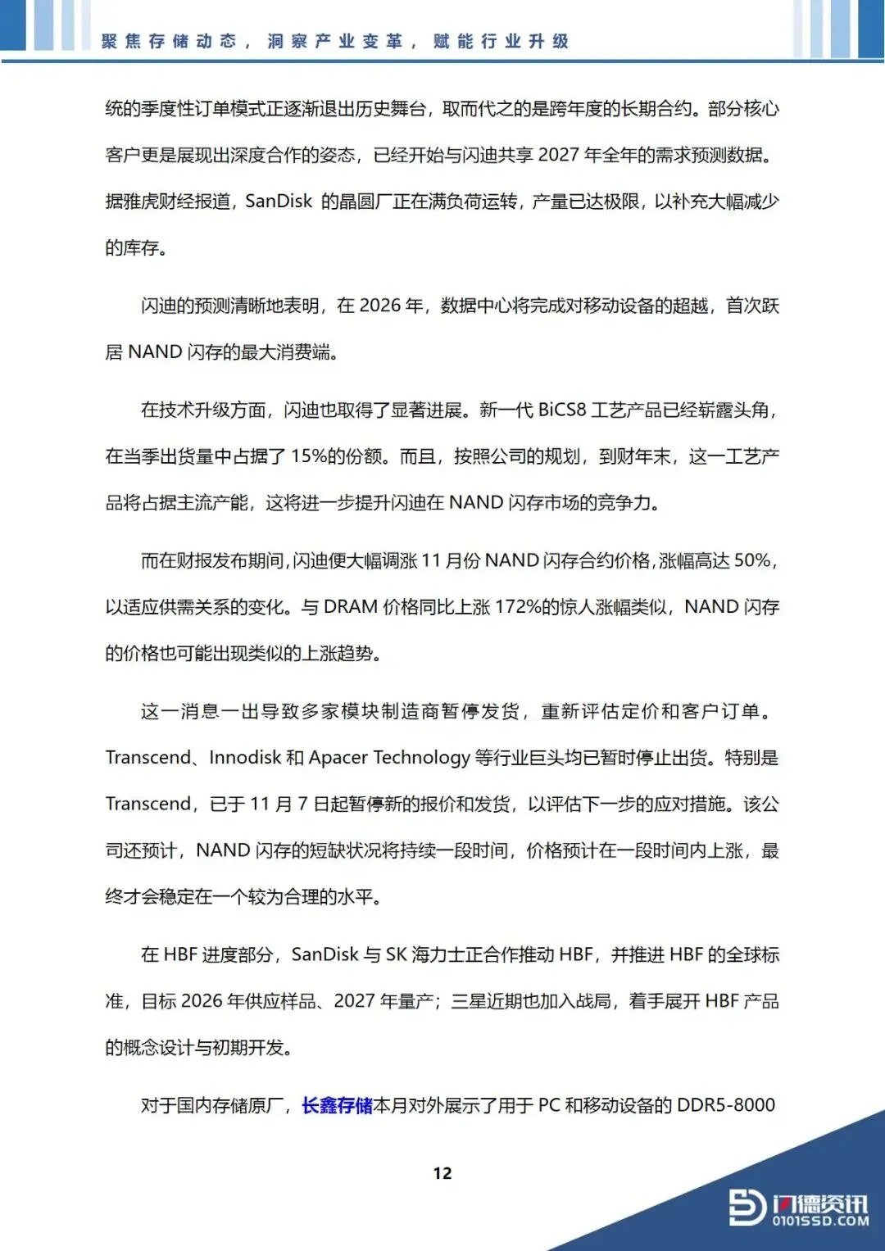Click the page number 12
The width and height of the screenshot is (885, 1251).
point(442,1173)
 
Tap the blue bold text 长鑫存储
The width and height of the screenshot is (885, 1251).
point(337,1105)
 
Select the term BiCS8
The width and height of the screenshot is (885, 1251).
point(562,410)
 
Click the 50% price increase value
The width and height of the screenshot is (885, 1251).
point(752,560)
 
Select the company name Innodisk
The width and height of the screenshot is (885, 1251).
point(245,758)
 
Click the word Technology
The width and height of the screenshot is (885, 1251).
point(421,758)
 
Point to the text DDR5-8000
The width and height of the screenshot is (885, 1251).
point(726,1105)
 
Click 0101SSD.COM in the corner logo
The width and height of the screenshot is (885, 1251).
point(820,1221)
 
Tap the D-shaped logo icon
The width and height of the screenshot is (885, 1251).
point(747,1207)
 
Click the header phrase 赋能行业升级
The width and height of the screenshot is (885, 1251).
point(501,41)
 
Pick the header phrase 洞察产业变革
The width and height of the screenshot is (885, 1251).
point(335,41)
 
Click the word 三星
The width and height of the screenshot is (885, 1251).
point(469,1001)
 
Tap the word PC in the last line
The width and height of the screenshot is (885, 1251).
point(549,1105)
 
